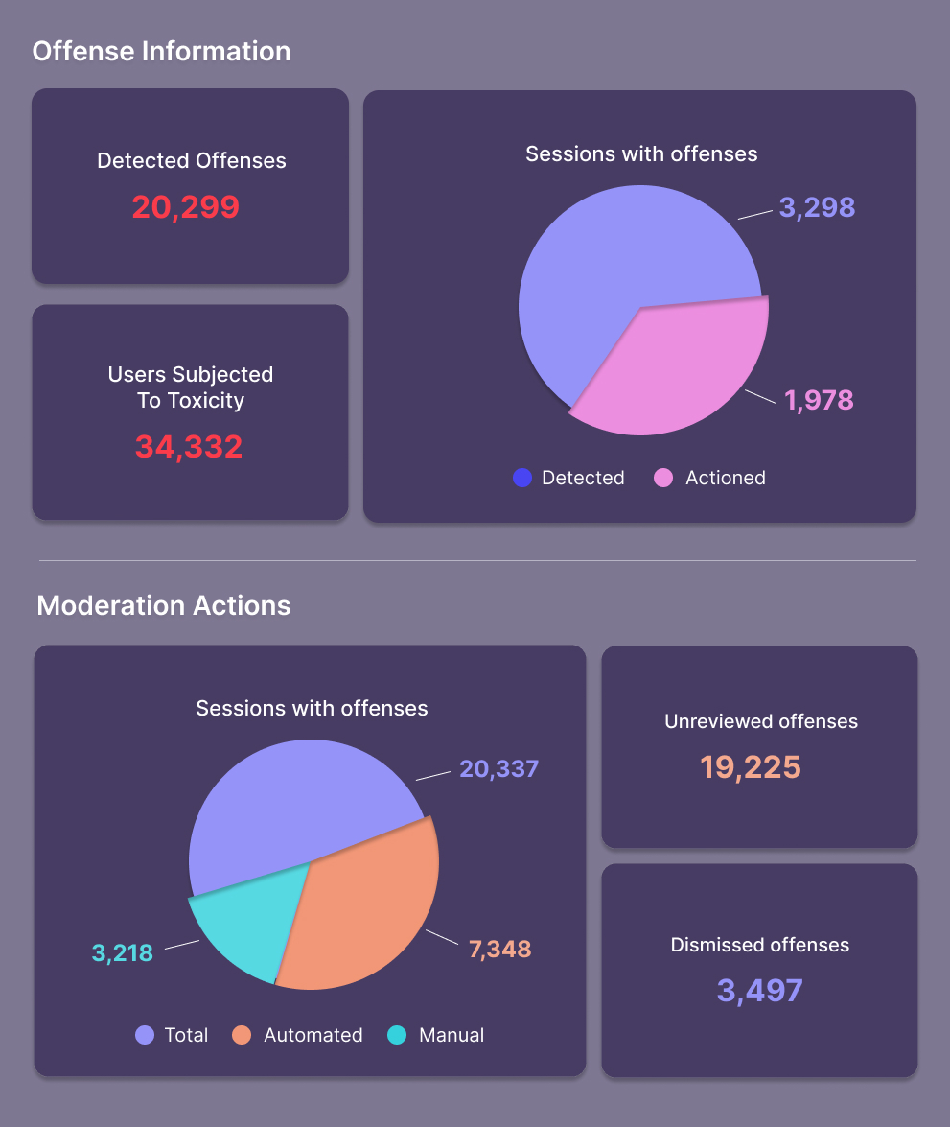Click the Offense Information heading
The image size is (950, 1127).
click(x=161, y=51)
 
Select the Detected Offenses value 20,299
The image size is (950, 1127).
click(x=185, y=207)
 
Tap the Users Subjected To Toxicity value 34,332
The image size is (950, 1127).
click(x=189, y=446)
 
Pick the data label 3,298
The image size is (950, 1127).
click(x=817, y=207)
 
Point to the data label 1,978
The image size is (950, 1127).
click(x=819, y=399)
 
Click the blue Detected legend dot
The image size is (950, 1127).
click(x=522, y=478)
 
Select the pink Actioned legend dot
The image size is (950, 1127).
click(x=663, y=478)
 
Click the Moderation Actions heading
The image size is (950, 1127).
click(x=164, y=605)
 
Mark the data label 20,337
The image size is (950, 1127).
click(x=498, y=768)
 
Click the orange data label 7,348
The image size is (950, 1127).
click(x=499, y=950)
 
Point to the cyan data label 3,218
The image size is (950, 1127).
click(x=123, y=952)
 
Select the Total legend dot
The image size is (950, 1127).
click(x=145, y=1035)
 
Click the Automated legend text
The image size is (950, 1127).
click(x=313, y=1035)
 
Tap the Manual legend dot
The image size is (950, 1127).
click(x=397, y=1035)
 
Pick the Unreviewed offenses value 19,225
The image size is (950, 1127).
click(x=750, y=766)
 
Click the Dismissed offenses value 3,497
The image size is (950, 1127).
click(x=759, y=990)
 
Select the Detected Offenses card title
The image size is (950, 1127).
click(x=192, y=160)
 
